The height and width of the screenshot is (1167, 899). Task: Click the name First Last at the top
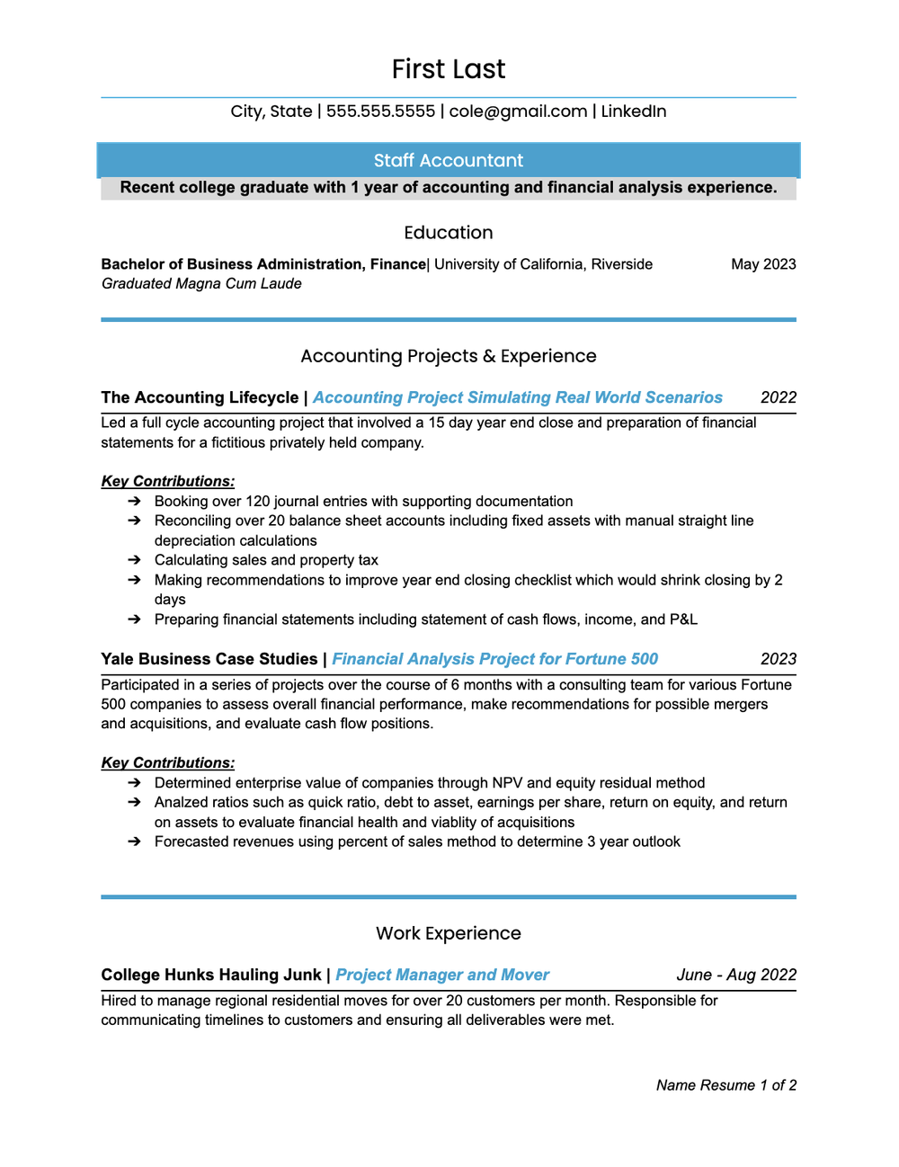pos(449,69)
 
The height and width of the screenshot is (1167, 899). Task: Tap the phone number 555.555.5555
pos(380,111)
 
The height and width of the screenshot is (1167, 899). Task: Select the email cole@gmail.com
pos(518,111)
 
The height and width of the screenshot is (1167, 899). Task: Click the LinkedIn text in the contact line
pos(633,111)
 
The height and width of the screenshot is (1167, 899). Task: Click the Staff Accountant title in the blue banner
pos(449,161)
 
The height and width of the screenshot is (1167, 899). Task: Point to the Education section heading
pos(449,233)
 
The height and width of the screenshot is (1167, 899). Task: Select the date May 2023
pos(763,264)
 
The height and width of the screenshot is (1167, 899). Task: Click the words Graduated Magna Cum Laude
pos(201,284)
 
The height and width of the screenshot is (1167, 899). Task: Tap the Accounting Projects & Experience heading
pos(449,356)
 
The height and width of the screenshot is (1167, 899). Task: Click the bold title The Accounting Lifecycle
pos(200,397)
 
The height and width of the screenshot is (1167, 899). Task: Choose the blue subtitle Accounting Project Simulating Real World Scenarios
pos(518,397)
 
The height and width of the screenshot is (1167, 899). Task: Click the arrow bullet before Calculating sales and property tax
pos(134,560)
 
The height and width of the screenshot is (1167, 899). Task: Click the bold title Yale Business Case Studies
pos(209,659)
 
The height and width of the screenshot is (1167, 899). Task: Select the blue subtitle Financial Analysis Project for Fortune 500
pos(495,659)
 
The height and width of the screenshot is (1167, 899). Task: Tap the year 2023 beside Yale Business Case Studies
pos(779,659)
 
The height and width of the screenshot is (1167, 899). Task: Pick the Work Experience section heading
pos(449,933)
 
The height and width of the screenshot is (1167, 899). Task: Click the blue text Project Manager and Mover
pos(442,975)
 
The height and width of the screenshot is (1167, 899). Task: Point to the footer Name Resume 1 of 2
pos(726,1085)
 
